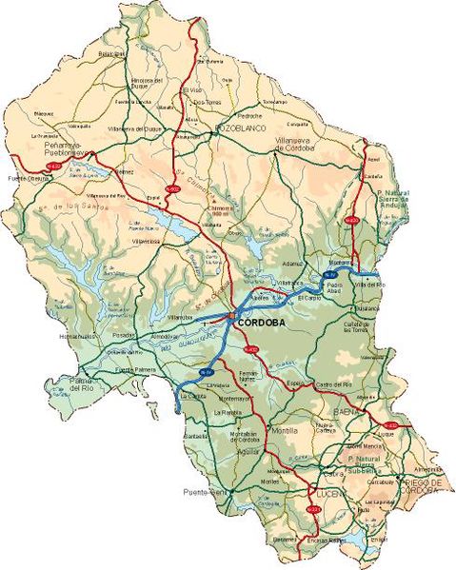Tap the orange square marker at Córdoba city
pos(232,317)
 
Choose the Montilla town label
pos(286,431)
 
